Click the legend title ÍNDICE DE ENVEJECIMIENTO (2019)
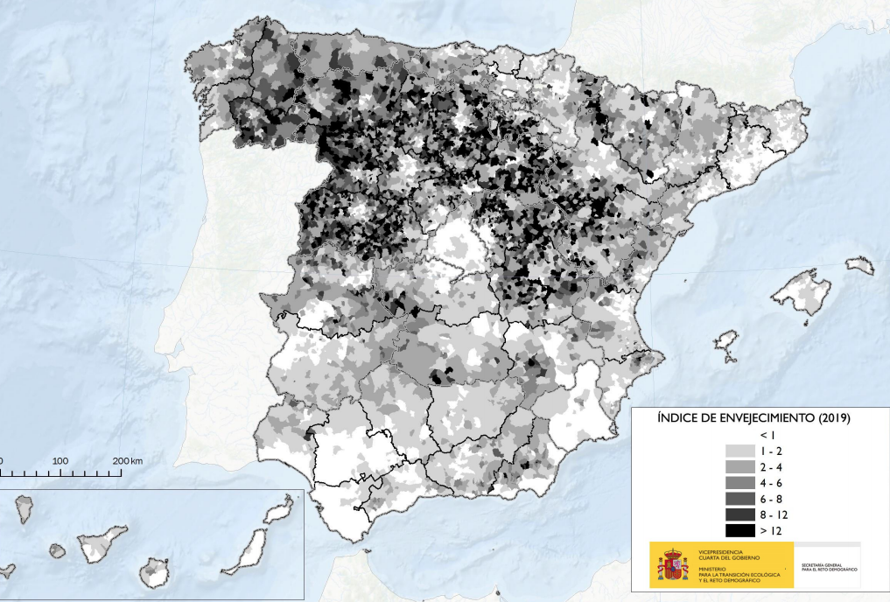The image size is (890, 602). pos(753,418)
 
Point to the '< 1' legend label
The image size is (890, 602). pos(767,434)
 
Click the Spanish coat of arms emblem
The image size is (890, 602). pos(672,565)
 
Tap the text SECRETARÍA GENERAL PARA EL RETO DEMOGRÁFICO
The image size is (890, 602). pos(830,569)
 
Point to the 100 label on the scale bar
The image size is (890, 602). pos(60,460)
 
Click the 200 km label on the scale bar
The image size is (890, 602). pos(128,460)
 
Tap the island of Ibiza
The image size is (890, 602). pos(726,346)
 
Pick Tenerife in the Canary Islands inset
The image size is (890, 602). pos(101,543)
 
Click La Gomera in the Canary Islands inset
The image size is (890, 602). pos(57,551)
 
